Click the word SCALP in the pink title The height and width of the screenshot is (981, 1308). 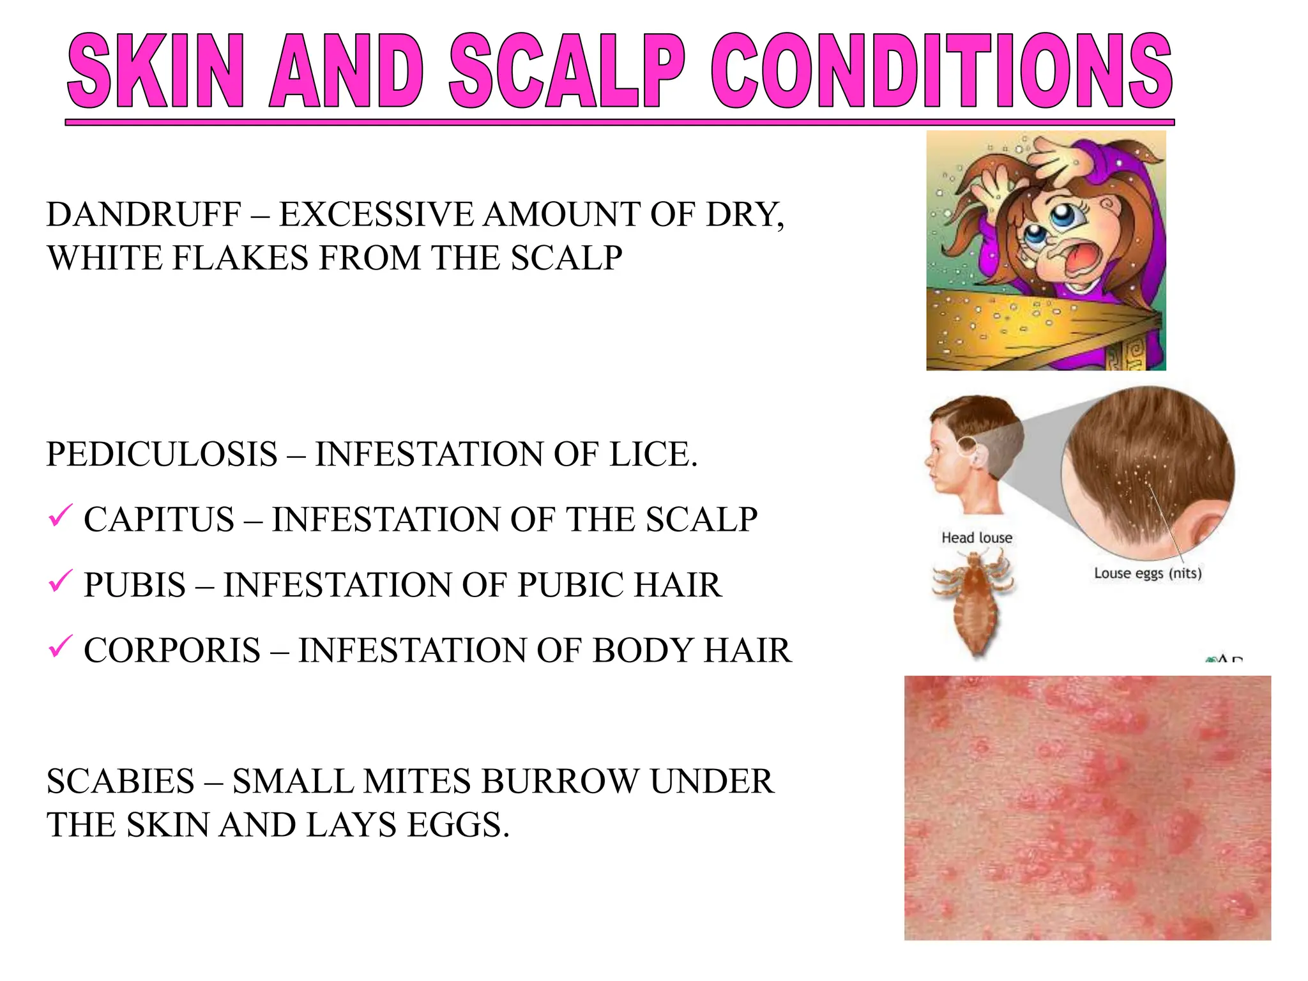pyautogui.click(x=567, y=72)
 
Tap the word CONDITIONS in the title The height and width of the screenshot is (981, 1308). pyautogui.click(x=942, y=72)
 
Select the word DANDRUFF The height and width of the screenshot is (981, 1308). pyautogui.click(x=144, y=215)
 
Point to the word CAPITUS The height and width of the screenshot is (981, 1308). pyautogui.click(x=159, y=520)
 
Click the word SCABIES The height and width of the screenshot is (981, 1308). pyautogui.click(x=121, y=782)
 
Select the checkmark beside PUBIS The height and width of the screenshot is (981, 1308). pyautogui.click(x=60, y=581)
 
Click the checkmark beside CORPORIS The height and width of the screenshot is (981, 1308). pyautogui.click(x=60, y=646)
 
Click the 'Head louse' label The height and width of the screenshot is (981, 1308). pyautogui.click(x=977, y=538)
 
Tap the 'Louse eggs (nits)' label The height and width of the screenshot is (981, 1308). pyautogui.click(x=1148, y=573)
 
